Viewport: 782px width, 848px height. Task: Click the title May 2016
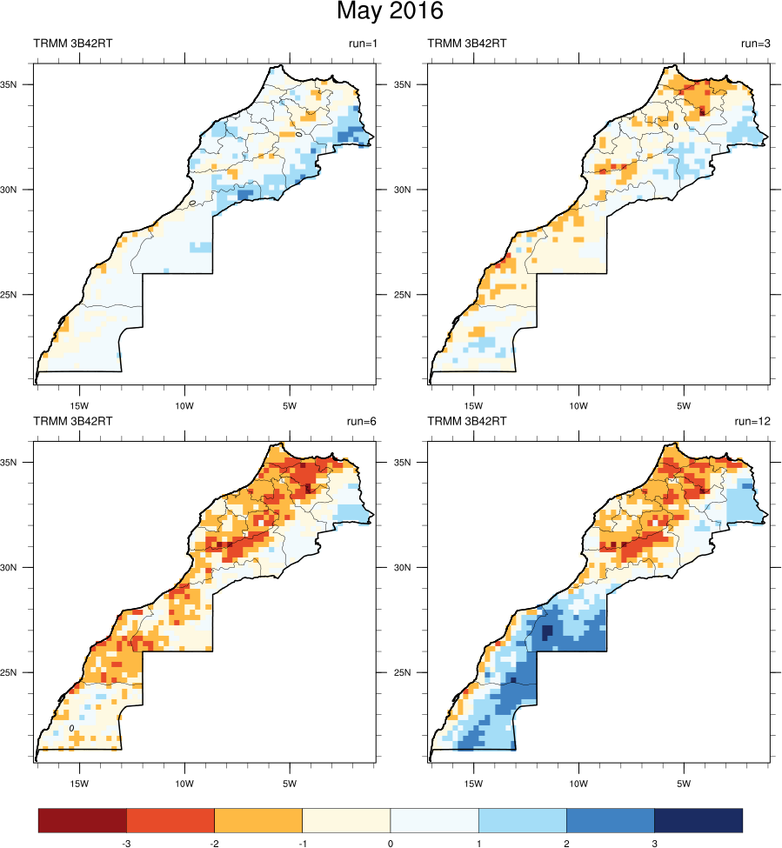pos(391,12)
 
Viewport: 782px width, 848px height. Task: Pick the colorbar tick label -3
pos(126,843)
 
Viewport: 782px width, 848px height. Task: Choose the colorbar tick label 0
pos(391,843)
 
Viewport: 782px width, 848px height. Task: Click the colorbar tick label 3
pos(654,843)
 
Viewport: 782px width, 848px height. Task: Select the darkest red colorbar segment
pos(83,820)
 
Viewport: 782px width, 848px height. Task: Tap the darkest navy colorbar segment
pos(698,820)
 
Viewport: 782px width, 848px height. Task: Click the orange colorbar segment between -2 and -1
pos(258,820)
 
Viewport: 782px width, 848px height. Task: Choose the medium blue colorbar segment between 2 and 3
pos(610,820)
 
